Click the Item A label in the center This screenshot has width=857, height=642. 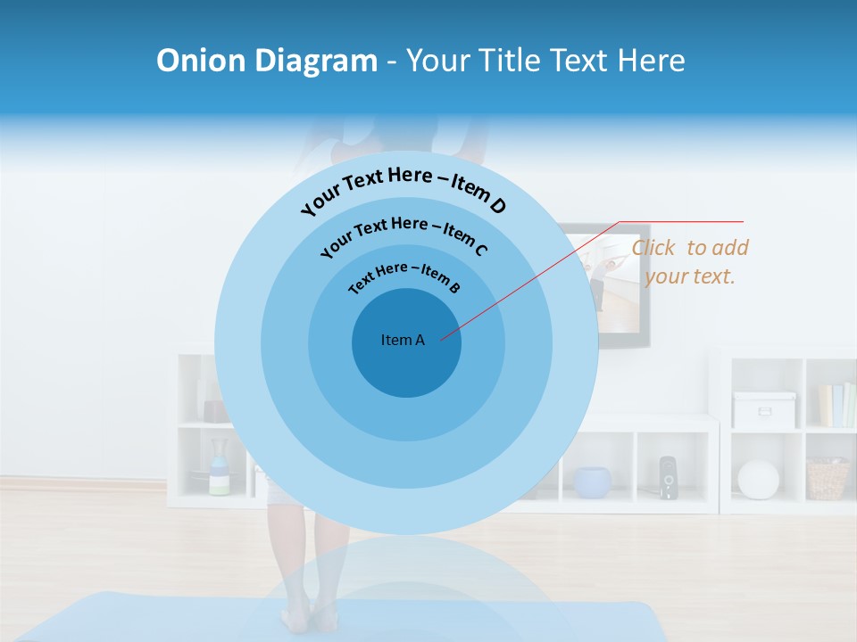(x=403, y=340)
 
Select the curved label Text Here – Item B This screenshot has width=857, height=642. (x=404, y=276)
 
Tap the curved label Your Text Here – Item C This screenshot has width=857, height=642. (x=404, y=234)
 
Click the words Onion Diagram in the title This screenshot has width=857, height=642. (x=267, y=61)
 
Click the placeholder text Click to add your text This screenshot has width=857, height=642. (x=689, y=261)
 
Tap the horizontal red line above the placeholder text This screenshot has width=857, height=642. (x=682, y=221)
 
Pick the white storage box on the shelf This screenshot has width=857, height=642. (x=763, y=409)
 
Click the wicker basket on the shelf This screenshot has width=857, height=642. (x=827, y=478)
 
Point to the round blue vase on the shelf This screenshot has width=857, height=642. (x=592, y=481)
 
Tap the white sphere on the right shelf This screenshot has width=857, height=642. (x=758, y=479)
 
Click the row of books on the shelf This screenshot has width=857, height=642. (x=836, y=405)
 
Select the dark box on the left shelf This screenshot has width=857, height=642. (x=215, y=410)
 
